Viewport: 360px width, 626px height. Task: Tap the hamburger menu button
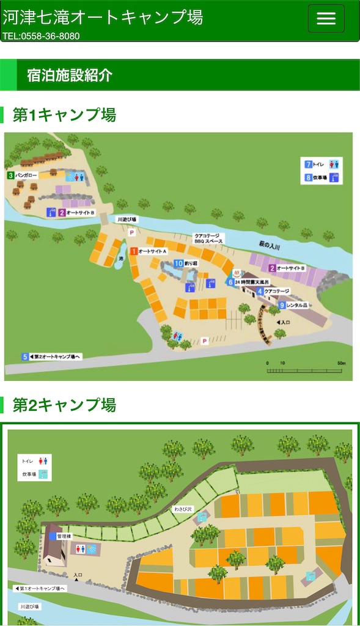[x=326, y=18]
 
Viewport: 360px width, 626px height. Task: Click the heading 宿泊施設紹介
[x=70, y=75]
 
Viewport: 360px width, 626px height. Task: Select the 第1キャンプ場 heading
[x=64, y=114]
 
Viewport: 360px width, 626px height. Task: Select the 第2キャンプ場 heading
[x=64, y=405]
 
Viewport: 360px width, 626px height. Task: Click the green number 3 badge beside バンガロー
[x=11, y=175]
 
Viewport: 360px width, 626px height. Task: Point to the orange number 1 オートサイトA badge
[x=134, y=251]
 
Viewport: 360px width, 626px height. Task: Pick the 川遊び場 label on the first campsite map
[x=127, y=219]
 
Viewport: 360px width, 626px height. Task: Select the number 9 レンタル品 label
[x=293, y=305]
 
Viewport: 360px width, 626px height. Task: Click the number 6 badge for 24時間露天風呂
[x=230, y=282]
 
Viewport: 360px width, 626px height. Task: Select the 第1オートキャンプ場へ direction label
[x=40, y=588]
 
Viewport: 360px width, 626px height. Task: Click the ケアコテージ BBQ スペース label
[x=209, y=238]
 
